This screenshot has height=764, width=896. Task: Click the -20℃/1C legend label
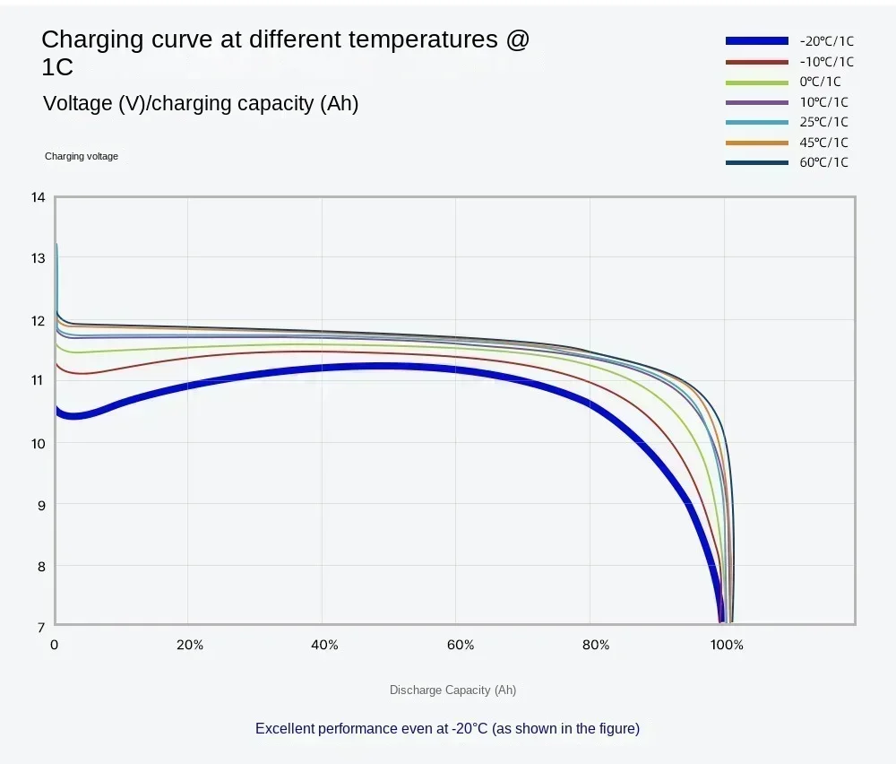coord(826,41)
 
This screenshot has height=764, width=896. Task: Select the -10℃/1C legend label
coord(826,62)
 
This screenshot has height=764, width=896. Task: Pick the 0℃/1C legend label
coord(820,82)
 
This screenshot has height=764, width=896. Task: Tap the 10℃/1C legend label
coord(823,102)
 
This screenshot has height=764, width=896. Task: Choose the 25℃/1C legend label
coord(823,122)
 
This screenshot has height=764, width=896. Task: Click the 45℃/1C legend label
coord(823,143)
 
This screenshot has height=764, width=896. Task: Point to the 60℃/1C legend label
coord(823,162)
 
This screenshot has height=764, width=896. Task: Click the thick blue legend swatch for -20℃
coord(757,41)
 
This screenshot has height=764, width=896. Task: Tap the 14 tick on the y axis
coord(38,197)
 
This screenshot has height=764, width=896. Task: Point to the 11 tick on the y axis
coord(38,380)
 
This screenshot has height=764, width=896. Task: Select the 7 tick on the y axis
coord(40,627)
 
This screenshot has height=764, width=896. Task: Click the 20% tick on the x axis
coord(190,645)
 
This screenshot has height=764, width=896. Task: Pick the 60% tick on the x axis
coord(460,645)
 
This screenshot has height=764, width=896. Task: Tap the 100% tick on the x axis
coord(727,645)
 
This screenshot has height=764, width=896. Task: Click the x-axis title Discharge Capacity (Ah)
coord(452,690)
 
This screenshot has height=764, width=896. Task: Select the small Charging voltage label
coord(82,156)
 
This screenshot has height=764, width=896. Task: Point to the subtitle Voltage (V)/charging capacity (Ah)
coord(201,104)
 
